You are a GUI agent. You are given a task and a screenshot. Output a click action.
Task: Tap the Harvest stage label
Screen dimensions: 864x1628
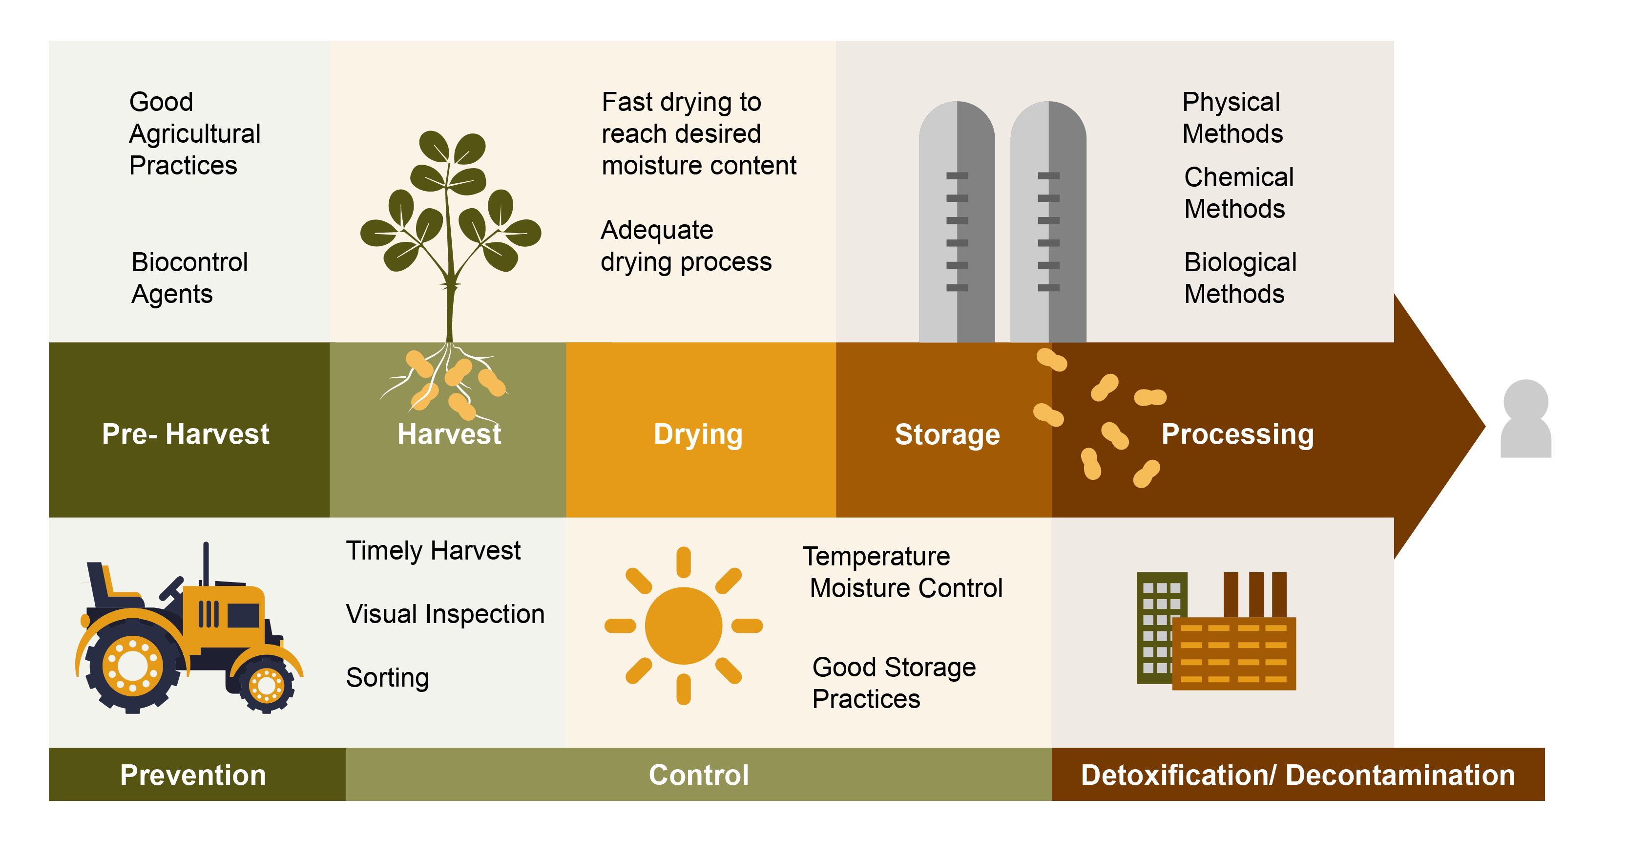(x=449, y=434)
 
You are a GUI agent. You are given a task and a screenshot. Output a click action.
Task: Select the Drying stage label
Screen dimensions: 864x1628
(x=698, y=434)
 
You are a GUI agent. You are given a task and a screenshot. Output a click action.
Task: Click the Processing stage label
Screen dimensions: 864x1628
(x=1237, y=434)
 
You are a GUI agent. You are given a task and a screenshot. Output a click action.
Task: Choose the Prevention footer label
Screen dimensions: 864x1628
(x=193, y=775)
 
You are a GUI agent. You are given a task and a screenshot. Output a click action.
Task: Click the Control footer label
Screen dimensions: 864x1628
(x=698, y=775)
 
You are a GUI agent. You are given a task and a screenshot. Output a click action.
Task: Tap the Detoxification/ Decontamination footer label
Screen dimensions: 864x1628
(x=1297, y=775)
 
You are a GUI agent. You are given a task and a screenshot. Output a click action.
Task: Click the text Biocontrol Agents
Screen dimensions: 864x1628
(x=189, y=278)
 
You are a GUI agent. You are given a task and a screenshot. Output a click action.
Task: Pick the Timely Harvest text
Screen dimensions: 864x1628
(x=433, y=550)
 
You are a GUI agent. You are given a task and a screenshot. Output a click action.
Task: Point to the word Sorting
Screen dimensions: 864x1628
(x=387, y=677)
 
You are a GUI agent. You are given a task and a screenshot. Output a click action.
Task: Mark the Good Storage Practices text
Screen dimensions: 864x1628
(x=893, y=683)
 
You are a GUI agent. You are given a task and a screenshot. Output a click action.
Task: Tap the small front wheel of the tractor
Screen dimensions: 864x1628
(x=266, y=684)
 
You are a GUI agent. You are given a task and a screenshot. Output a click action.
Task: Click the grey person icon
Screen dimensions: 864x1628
(x=1525, y=419)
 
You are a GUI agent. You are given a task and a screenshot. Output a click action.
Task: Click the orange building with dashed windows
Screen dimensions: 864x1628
(x=1233, y=653)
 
